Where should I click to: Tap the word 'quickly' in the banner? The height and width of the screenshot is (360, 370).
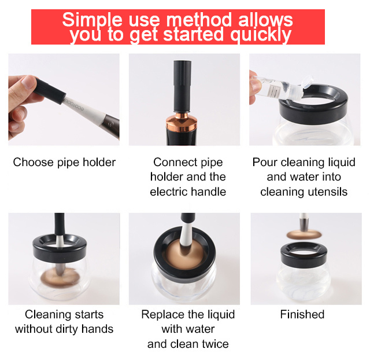(261, 35)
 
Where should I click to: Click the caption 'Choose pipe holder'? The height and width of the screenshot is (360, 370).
(64, 162)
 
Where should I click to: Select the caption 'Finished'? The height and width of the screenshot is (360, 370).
(302, 314)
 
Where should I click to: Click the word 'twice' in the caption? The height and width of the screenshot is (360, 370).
(215, 344)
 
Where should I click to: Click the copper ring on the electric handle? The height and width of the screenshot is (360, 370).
(182, 122)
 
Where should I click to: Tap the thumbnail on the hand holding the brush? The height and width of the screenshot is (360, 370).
(28, 82)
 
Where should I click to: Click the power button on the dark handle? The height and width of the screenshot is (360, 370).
(109, 124)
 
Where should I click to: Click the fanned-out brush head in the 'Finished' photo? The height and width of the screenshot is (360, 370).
(304, 234)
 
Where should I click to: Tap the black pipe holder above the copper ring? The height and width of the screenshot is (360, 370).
(182, 86)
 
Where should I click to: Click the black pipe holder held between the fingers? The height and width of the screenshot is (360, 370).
(50, 91)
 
